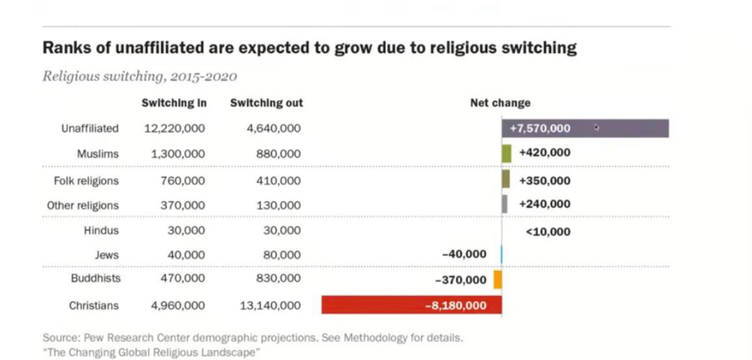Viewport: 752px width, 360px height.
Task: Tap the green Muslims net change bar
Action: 507,153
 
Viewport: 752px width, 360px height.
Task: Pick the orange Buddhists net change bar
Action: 498,279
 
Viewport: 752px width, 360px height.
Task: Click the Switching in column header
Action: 174,103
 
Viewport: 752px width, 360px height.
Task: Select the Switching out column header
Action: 266,103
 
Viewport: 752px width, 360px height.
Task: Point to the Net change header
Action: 500,103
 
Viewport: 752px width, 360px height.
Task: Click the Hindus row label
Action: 101,231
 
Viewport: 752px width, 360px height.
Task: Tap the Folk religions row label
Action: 86,181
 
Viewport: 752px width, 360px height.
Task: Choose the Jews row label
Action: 107,255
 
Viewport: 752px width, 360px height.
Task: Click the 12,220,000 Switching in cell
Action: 175,128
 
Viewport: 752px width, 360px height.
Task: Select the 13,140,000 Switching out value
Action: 270,306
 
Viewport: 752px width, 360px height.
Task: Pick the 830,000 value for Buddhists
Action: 278,279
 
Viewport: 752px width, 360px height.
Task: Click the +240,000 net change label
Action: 545,204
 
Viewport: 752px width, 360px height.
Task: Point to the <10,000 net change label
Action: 548,232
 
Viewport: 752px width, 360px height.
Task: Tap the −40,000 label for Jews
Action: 464,254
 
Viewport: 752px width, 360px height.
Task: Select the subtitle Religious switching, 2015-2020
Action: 139,77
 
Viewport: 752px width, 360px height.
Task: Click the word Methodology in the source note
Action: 374,338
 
